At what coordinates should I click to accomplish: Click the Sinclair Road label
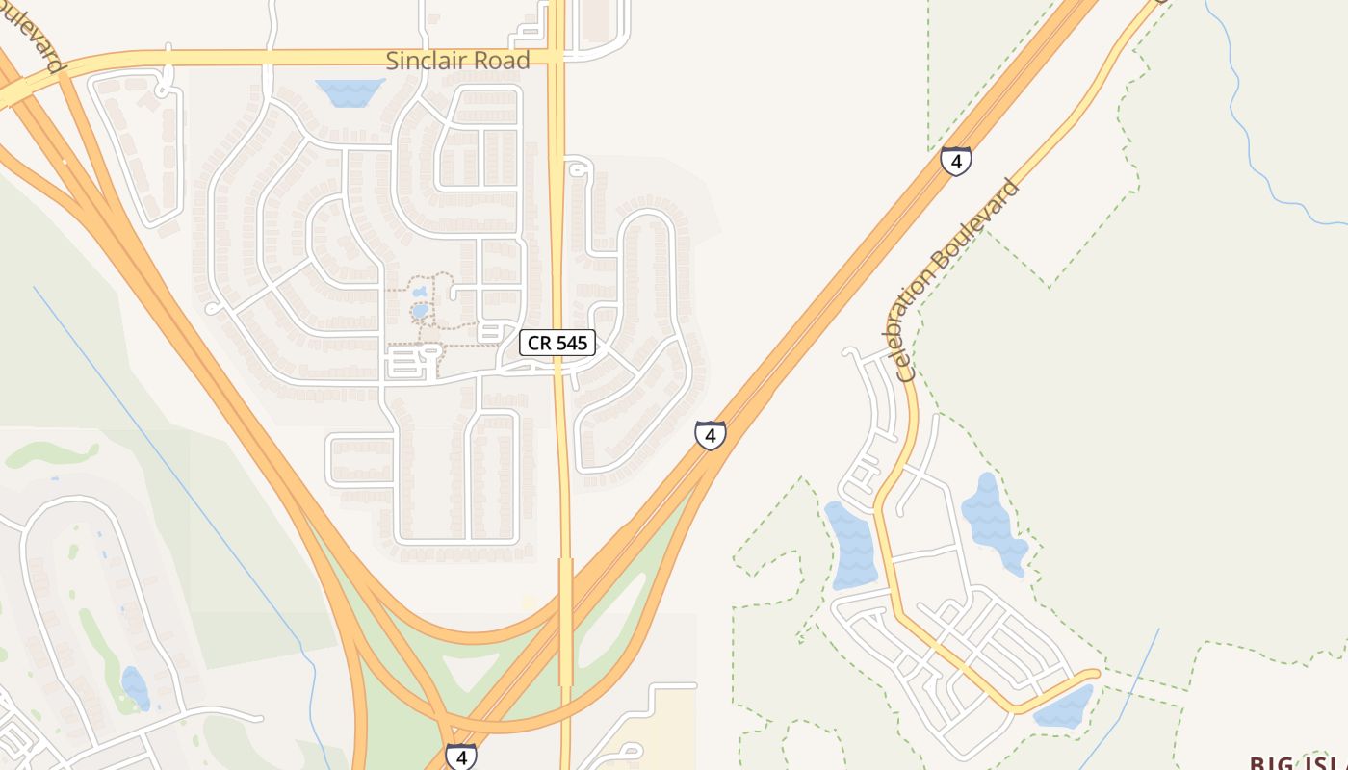[x=457, y=61]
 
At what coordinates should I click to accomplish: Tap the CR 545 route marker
[x=557, y=343]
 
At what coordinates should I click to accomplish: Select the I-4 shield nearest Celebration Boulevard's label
[x=955, y=162]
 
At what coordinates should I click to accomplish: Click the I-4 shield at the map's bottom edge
[x=460, y=757]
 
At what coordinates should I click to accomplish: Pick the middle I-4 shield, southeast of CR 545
[x=710, y=435]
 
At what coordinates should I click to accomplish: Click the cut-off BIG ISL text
[x=1298, y=762]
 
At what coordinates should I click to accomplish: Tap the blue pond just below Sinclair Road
[x=350, y=91]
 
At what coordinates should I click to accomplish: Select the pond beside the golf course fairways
[x=136, y=687]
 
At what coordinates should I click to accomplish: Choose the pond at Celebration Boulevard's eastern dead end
[x=1064, y=709]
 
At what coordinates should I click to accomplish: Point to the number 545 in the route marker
[x=571, y=343]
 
